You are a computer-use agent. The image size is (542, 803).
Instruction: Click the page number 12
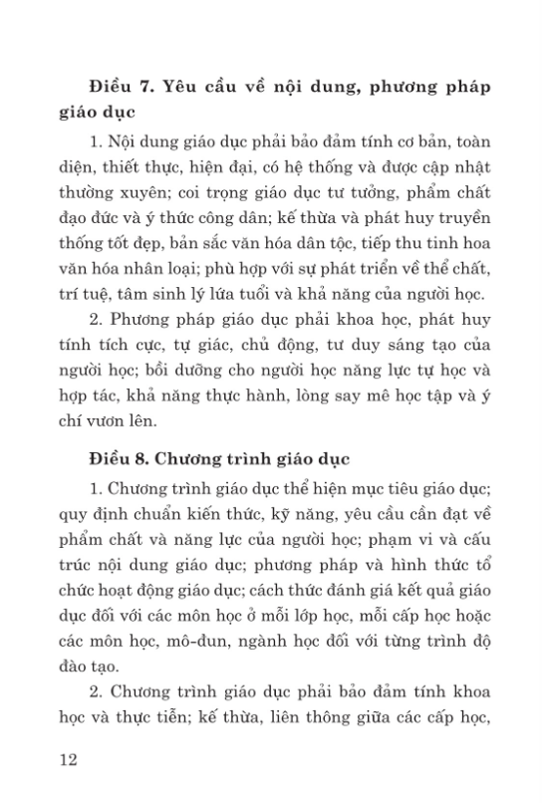click(69, 760)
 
